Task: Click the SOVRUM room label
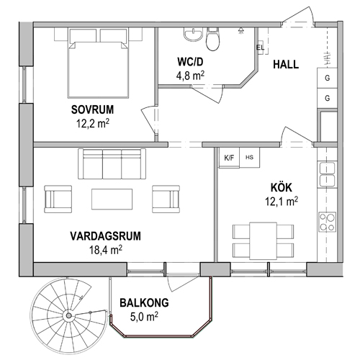92,109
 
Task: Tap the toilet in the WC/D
212,39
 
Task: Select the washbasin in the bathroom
193,34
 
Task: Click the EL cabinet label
260,48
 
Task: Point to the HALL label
286,65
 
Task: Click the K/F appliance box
229,158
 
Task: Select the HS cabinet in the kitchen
250,158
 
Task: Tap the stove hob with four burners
327,222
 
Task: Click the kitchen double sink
327,174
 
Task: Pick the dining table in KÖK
263,240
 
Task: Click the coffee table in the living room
112,199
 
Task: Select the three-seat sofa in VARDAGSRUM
112,164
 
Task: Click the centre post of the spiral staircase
68,315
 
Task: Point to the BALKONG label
144,303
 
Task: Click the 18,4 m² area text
106,250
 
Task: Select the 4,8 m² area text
190,76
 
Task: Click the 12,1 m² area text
282,202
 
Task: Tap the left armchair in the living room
58,199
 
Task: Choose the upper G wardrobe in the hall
327,78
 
